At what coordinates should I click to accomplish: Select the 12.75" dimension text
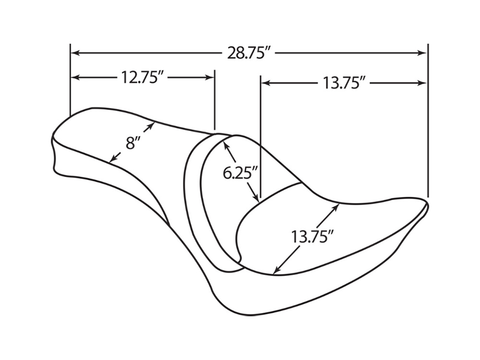click(140, 77)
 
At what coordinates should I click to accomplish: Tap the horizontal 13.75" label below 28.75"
click(342, 83)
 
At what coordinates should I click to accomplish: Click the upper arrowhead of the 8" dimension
click(152, 125)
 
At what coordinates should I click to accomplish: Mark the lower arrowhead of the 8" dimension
click(113, 159)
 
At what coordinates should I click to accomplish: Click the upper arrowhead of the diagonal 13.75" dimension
click(337, 206)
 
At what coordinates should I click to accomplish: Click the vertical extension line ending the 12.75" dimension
click(214, 101)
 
